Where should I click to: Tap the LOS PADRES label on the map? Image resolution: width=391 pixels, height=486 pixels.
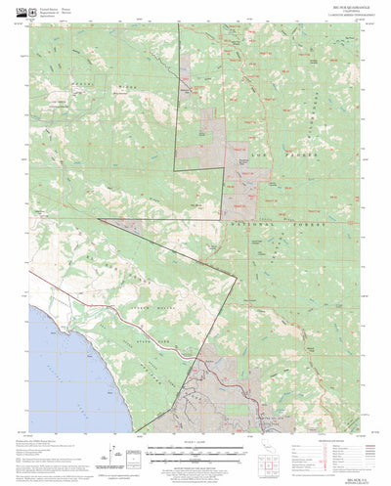click(272, 155)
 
